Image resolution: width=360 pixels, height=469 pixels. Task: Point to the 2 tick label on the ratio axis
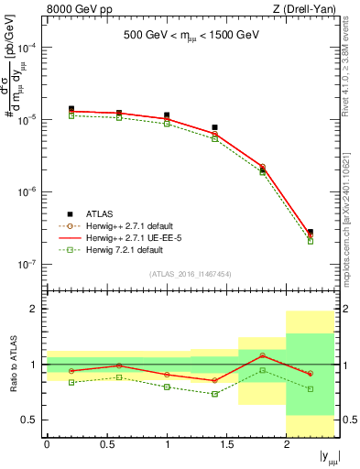pos(33,310)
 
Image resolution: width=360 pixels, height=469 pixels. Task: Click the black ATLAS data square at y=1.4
pos(214,127)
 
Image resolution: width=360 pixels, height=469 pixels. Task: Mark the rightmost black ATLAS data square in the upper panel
pos(311,233)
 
